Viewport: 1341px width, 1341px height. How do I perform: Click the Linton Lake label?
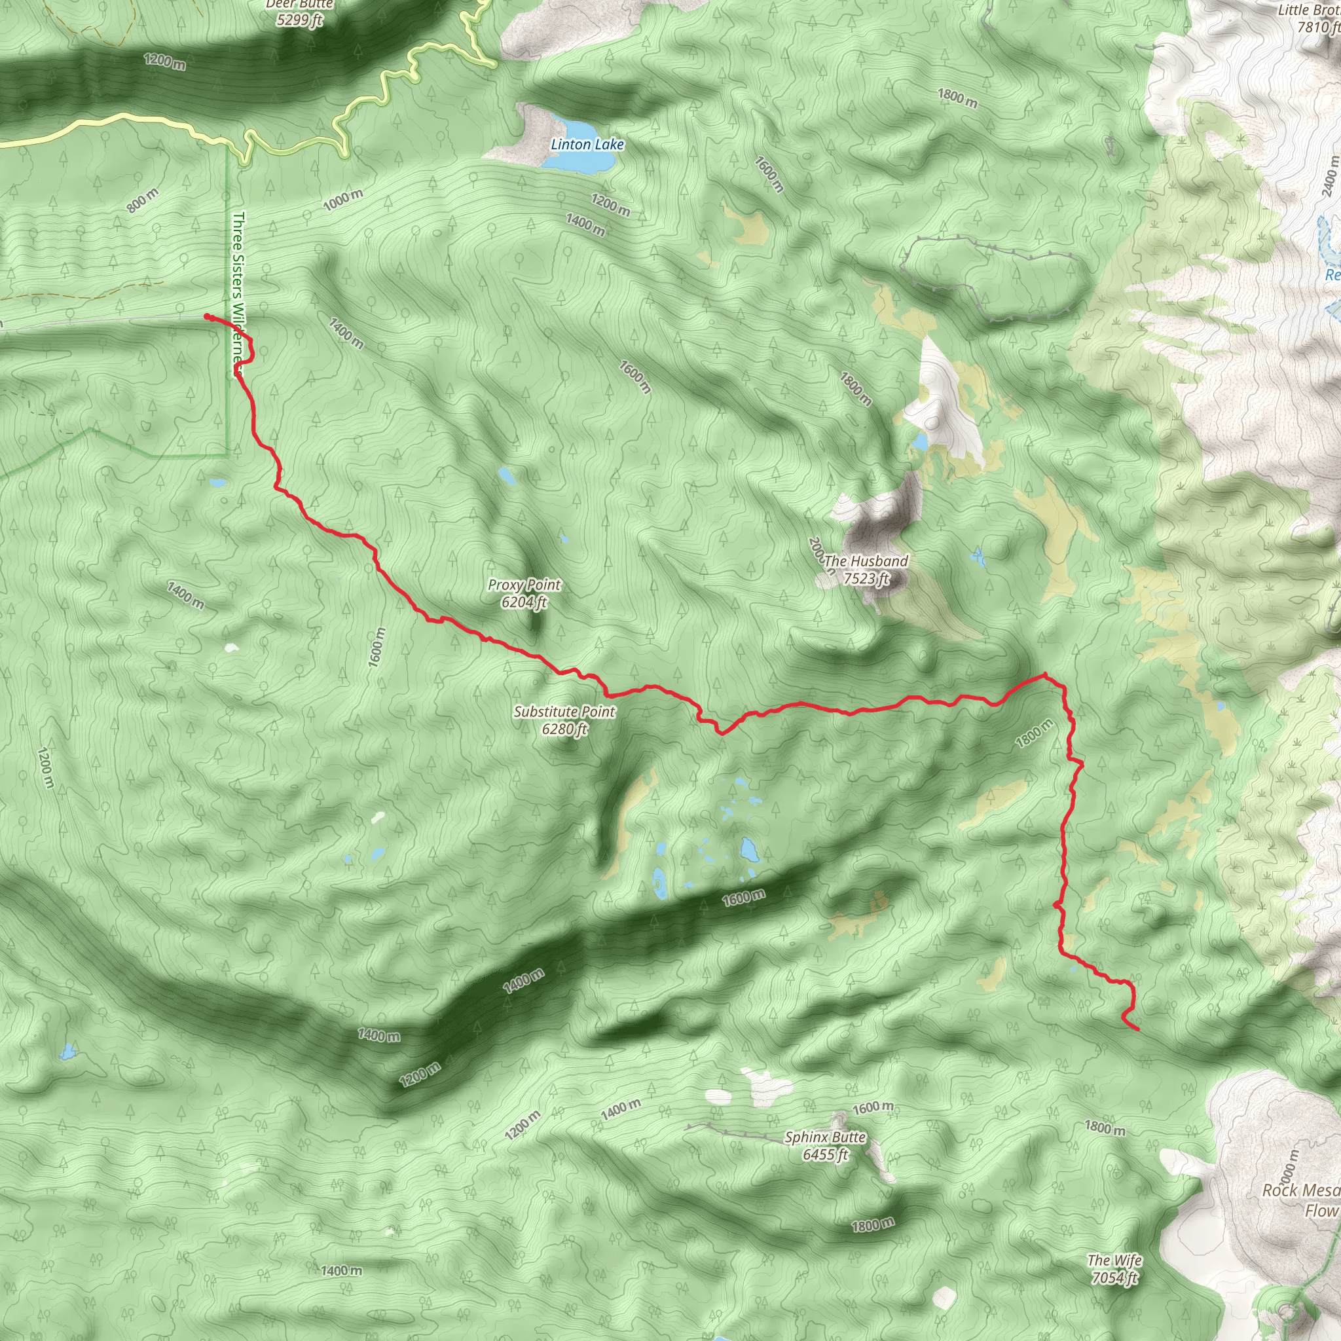587,144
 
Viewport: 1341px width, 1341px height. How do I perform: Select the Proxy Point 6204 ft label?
524,593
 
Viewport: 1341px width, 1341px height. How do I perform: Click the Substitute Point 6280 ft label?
564,720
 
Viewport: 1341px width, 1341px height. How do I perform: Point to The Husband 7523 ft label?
866,569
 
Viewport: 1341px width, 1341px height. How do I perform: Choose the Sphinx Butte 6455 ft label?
825,1146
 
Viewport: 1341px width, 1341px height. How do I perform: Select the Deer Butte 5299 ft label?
299,12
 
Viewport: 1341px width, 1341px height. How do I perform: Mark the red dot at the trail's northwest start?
207,316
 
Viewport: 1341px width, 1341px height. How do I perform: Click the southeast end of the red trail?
1137,1029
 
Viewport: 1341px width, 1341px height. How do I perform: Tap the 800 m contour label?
143,200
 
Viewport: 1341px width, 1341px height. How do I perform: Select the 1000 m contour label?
343,200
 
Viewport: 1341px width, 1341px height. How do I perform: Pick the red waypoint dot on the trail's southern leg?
1056,905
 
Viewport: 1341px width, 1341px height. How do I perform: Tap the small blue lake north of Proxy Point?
506,475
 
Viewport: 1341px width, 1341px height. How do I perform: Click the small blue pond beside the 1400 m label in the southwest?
67,1052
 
